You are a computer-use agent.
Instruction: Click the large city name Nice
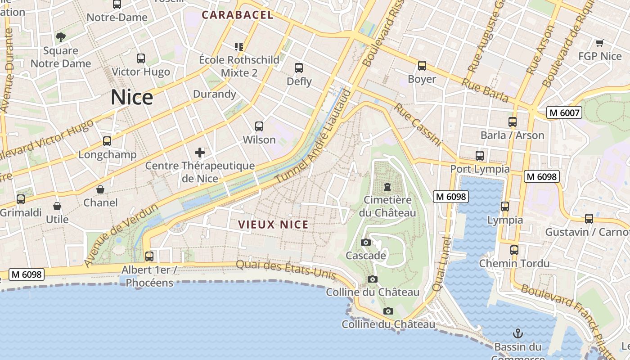(132, 97)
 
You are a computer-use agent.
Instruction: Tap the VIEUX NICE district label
(273, 225)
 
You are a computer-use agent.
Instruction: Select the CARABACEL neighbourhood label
(237, 15)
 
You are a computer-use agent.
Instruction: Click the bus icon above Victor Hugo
(141, 58)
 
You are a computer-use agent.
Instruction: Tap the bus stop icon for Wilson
(259, 126)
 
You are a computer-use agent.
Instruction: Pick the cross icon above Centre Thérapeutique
(200, 153)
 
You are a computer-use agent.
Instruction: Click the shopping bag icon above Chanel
(100, 189)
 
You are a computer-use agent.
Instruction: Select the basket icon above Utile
(57, 206)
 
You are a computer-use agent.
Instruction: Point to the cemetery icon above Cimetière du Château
(387, 186)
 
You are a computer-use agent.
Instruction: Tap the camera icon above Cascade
(366, 243)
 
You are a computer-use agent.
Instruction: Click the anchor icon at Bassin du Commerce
(518, 333)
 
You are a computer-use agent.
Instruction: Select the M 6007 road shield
(564, 112)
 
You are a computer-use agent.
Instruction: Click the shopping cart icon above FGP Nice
(599, 43)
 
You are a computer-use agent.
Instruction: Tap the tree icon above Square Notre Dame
(61, 37)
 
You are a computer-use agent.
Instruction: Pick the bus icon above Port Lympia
(480, 156)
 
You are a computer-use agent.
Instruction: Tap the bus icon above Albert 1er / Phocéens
(149, 256)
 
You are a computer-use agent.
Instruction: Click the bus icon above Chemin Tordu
(514, 250)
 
